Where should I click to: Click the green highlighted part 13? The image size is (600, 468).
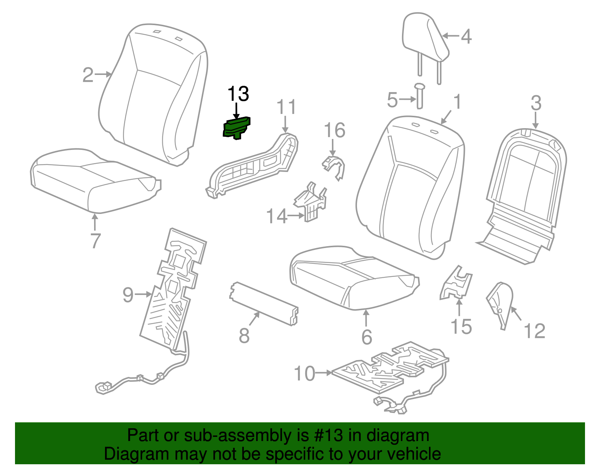click(x=236, y=128)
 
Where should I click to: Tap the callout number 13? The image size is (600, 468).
click(x=238, y=94)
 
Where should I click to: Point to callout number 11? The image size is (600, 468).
click(x=286, y=107)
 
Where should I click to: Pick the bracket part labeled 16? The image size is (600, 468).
click(x=334, y=167)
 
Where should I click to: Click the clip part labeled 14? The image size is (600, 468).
click(x=310, y=202)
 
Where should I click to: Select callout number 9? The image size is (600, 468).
click(x=128, y=295)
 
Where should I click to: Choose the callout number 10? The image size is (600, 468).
click(x=304, y=374)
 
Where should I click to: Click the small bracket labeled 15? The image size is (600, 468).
click(x=456, y=284)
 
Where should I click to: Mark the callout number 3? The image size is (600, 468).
click(x=536, y=103)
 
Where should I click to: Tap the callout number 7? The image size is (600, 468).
click(x=95, y=241)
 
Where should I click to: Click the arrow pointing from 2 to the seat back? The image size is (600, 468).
click(x=103, y=75)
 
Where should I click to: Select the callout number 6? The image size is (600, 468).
click(x=366, y=337)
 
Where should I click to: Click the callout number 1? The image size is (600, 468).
click(x=457, y=102)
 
